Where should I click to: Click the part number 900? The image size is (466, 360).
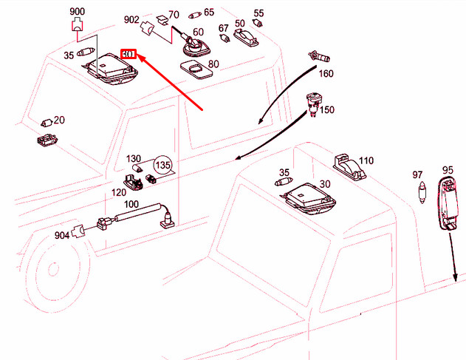point(78,12)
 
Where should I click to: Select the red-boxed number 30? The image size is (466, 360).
point(129,54)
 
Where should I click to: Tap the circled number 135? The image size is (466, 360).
point(163,165)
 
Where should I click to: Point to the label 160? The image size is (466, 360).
point(326,73)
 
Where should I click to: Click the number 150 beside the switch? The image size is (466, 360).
point(327,110)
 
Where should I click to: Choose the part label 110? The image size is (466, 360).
point(366,161)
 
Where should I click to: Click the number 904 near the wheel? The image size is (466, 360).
point(62,235)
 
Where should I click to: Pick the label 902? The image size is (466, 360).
point(131,20)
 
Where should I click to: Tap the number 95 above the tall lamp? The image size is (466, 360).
point(448,170)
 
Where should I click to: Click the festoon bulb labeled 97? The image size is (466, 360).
point(422,193)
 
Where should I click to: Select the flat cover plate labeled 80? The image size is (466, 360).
point(196,70)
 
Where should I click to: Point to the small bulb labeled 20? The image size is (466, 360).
point(47,123)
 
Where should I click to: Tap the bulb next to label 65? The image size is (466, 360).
point(195,15)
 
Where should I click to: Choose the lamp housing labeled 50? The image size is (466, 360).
point(246,38)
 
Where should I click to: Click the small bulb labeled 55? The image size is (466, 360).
point(257,23)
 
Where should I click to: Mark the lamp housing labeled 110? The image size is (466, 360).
point(349,167)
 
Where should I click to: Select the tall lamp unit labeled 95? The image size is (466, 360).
point(448,203)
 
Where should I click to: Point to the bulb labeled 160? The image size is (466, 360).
point(319,56)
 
